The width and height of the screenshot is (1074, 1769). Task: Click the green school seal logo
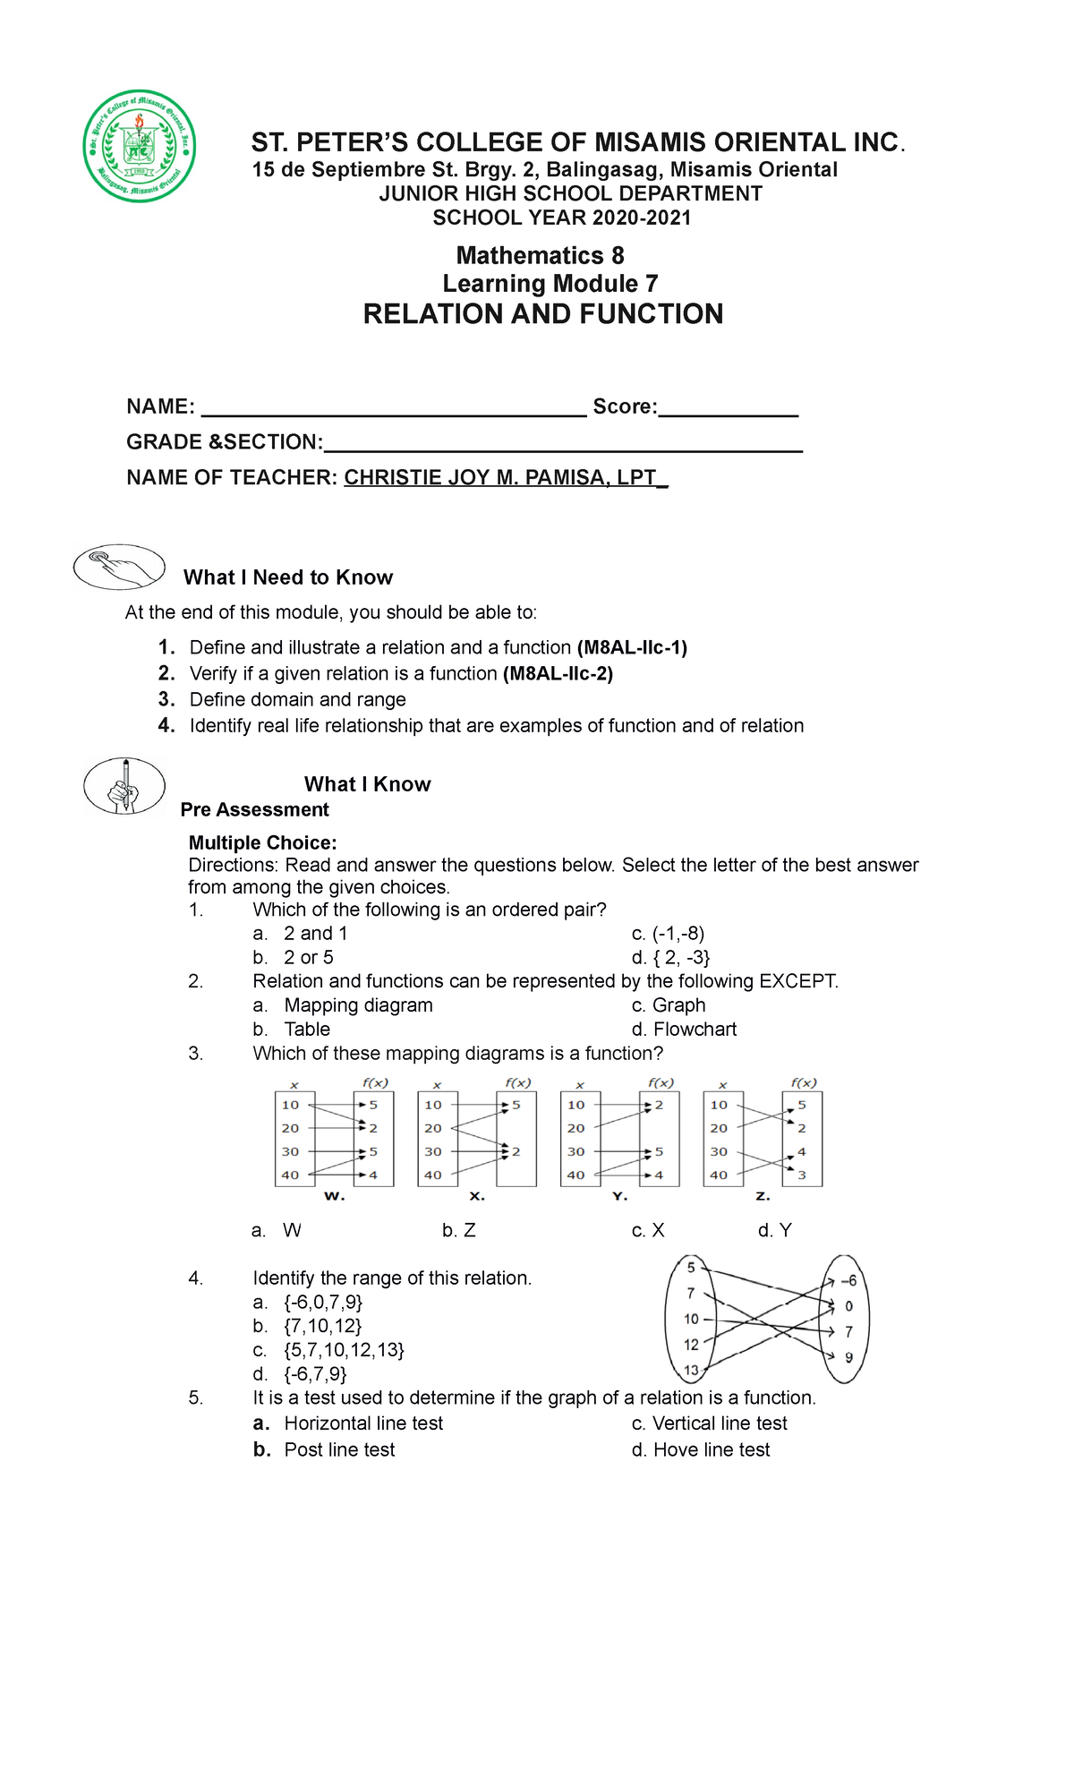point(139,146)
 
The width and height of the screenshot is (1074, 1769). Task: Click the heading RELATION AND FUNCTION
point(542,314)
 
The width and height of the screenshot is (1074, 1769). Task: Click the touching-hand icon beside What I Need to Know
point(119,567)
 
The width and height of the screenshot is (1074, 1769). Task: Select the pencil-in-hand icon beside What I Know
point(124,785)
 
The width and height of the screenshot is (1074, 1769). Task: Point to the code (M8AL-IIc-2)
point(558,673)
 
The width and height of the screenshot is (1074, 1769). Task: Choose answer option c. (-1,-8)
point(668,933)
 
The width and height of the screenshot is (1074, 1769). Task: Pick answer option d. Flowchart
point(684,1029)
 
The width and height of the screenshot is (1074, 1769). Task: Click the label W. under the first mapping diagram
point(334,1196)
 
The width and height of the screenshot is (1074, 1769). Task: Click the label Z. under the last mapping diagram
point(763,1196)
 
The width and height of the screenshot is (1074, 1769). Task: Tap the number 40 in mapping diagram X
point(433,1175)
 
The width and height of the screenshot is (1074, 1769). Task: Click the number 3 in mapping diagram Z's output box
point(802,1175)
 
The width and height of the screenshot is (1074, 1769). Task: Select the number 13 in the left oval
point(691,1370)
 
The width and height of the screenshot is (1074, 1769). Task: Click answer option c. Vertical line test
point(710,1423)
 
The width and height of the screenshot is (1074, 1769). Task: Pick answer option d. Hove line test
point(701,1449)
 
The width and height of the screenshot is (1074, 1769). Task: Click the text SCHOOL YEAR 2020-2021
point(562,218)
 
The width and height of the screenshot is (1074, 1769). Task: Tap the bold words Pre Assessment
point(254,809)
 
